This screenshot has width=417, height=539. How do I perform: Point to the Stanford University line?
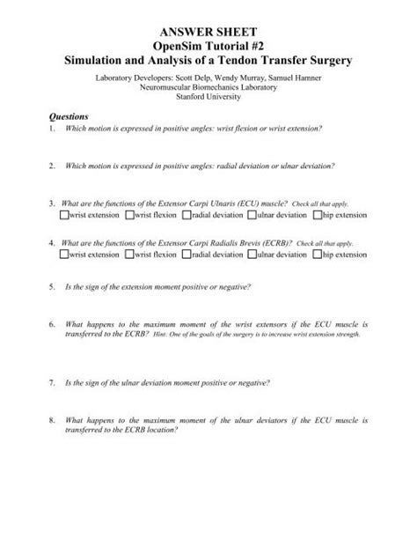point(208,99)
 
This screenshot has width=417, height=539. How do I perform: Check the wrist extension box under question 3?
point(65,214)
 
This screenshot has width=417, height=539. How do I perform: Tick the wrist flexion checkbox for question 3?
point(130,214)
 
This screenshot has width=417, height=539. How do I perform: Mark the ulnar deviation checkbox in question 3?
point(252,214)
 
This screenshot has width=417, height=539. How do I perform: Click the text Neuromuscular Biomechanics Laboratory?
point(208,88)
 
